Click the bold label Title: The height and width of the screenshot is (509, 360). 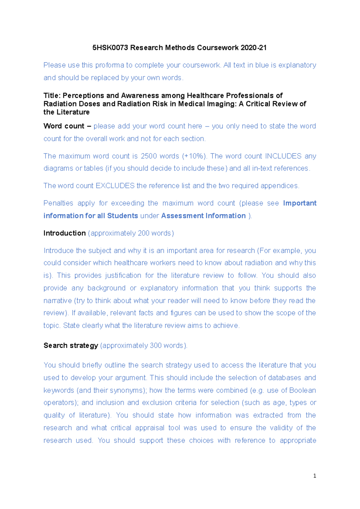coord(52,96)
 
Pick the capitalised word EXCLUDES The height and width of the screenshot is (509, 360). coord(115,186)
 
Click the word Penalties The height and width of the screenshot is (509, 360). coord(58,203)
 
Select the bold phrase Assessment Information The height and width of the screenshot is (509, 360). coord(203,216)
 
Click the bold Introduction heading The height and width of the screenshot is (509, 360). coord(64,233)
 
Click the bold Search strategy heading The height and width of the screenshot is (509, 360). coord(71,346)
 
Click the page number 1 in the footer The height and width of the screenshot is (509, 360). coord(314,476)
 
